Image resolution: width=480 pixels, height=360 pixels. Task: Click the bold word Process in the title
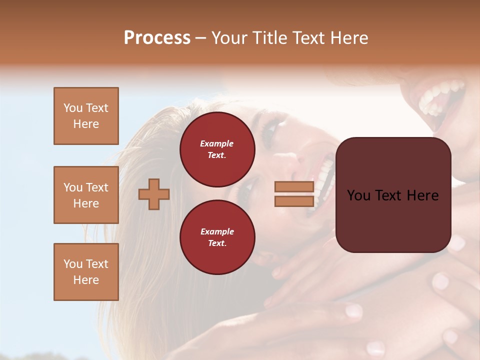pyautogui.click(x=157, y=38)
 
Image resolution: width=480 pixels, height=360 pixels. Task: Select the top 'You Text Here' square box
pyautogui.click(x=86, y=116)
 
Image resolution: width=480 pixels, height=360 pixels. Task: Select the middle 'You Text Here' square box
pyautogui.click(x=86, y=195)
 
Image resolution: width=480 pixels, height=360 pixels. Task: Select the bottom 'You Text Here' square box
pyautogui.click(x=86, y=272)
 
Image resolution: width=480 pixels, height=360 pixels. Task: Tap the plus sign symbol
pyautogui.click(x=154, y=194)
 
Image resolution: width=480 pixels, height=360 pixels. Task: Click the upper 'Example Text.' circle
pyautogui.click(x=217, y=149)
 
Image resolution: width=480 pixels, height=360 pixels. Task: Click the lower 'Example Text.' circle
pyautogui.click(x=217, y=237)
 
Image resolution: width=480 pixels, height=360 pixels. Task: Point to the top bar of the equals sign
pyautogui.click(x=294, y=187)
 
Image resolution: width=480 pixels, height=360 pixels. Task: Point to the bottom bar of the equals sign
pyautogui.click(x=294, y=201)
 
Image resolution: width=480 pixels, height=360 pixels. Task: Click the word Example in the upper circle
pyautogui.click(x=217, y=143)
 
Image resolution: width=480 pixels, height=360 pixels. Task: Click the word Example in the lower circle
pyautogui.click(x=217, y=231)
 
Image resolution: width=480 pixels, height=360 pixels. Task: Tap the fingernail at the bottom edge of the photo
pyautogui.click(x=375, y=348)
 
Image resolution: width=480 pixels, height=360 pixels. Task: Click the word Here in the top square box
pyautogui.click(x=86, y=124)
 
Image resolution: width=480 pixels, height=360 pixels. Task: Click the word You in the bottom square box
pyautogui.click(x=73, y=264)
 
